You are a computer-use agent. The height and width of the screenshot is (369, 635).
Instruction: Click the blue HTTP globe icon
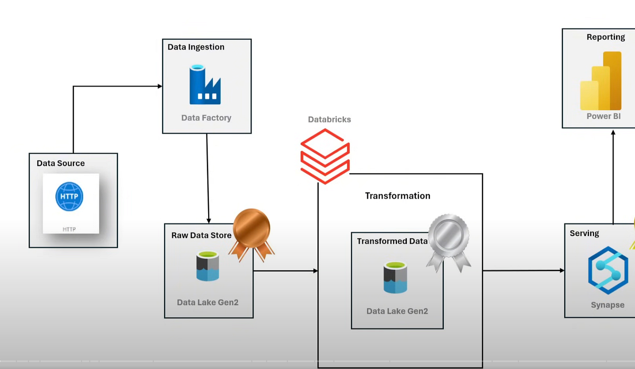pos(69,196)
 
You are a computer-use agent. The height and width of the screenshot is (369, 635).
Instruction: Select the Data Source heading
pos(61,163)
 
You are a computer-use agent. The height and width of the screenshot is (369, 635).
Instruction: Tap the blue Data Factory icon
pos(205,85)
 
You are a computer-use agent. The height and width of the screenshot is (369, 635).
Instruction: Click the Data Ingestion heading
pos(196,47)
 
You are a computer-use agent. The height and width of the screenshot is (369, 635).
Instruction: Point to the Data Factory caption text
pos(206,118)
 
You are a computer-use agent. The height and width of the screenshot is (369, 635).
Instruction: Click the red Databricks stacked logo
pos(325,156)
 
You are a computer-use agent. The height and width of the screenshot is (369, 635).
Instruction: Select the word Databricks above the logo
pos(329,120)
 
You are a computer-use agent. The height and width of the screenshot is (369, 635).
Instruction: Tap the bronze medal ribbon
pos(252,234)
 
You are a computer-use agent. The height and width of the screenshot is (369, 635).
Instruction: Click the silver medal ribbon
pos(448,241)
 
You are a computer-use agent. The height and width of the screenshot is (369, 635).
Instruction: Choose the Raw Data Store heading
pos(201,235)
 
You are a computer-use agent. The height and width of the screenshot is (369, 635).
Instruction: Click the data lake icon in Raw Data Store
pos(208,266)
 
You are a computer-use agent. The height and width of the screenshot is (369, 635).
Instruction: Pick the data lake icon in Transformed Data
pos(395,277)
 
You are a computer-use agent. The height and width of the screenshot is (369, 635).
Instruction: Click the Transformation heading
pos(397,196)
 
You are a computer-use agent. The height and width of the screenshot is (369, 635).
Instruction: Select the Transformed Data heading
pos(392,241)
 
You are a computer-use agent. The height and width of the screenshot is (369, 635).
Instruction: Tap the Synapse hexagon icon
pos(607,270)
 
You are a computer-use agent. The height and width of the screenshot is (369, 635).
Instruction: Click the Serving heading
pos(584,233)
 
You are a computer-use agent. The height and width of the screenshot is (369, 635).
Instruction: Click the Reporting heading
pos(606,37)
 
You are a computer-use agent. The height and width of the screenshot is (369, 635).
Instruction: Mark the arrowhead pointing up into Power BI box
pos(613,132)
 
